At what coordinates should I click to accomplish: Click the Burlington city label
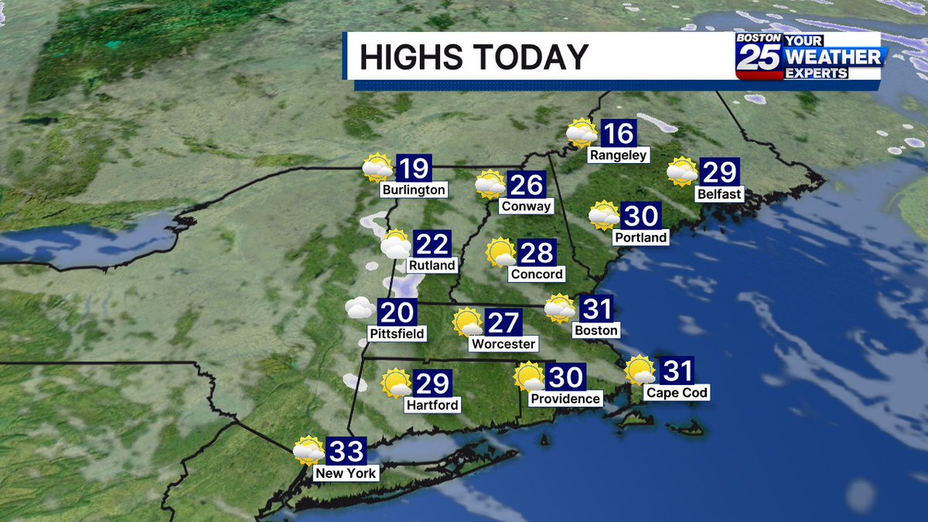(414, 189)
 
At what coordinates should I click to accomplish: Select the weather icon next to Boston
(559, 309)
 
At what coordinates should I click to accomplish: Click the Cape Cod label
(677, 393)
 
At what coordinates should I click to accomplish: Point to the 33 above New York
(344, 451)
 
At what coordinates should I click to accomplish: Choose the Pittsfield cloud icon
(359, 309)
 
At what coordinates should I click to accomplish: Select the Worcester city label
(503, 343)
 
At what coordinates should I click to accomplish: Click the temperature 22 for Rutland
(432, 244)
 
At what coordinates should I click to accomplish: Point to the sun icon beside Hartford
(395, 382)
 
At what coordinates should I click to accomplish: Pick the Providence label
(565, 398)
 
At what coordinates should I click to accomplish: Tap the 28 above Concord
(536, 252)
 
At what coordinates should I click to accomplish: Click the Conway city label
(526, 206)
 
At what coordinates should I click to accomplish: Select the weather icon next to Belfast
(682, 172)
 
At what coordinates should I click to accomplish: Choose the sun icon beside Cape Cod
(640, 370)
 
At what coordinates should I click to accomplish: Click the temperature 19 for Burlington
(413, 168)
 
